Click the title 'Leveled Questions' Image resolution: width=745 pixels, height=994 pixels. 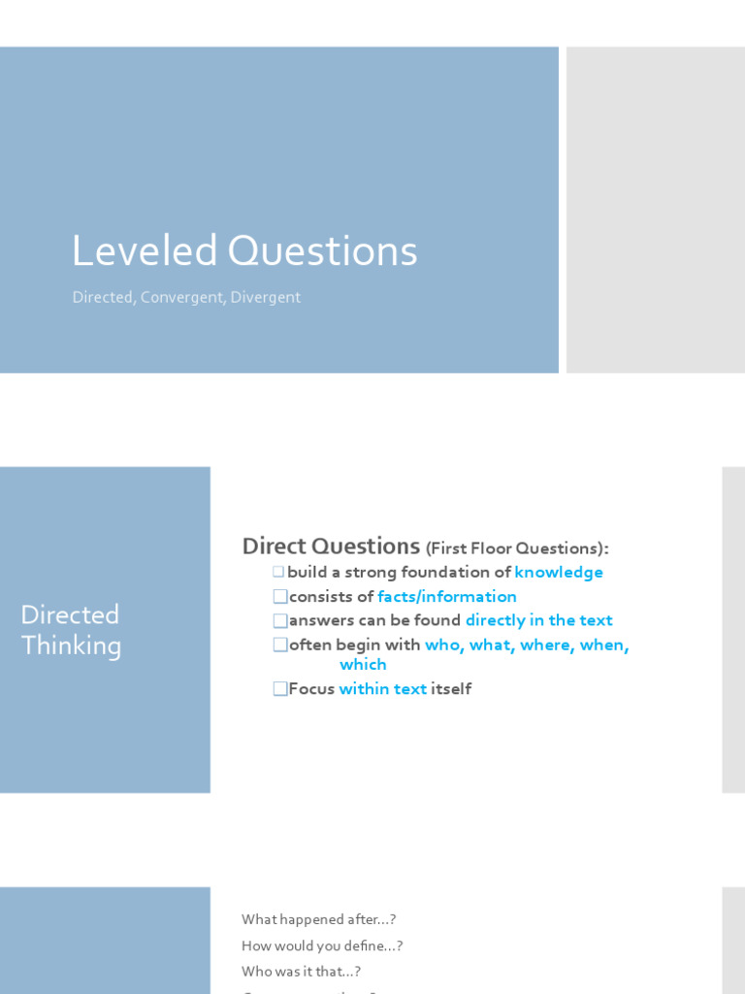click(x=244, y=251)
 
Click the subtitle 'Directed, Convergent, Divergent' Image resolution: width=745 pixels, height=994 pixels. click(x=186, y=297)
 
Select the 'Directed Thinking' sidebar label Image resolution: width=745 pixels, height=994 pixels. click(x=71, y=630)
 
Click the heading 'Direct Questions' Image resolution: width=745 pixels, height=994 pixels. click(x=331, y=546)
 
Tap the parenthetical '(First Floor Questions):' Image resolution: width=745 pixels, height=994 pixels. click(x=517, y=548)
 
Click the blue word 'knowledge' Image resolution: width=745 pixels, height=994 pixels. click(x=559, y=573)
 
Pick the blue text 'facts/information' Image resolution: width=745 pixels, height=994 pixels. click(x=447, y=597)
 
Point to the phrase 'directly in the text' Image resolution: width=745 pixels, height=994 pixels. click(x=539, y=620)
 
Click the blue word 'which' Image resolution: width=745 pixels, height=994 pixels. click(x=363, y=665)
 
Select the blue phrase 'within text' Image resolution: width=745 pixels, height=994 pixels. click(x=383, y=689)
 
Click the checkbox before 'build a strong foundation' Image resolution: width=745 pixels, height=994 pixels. click(x=278, y=573)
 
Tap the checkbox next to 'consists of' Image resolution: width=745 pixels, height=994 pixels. click(x=280, y=597)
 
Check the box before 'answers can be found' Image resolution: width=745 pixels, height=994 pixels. click(x=280, y=620)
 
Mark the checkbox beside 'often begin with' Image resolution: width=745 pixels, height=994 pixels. click(x=280, y=646)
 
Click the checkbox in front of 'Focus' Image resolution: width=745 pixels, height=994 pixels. click(x=280, y=689)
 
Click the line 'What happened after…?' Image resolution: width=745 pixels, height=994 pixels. click(x=319, y=919)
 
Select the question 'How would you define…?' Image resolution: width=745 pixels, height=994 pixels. click(x=322, y=945)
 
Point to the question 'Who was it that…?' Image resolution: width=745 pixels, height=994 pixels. click(x=302, y=971)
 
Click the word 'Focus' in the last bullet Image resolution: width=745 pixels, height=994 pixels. click(x=311, y=689)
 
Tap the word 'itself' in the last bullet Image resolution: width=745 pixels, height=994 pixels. click(x=451, y=689)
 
